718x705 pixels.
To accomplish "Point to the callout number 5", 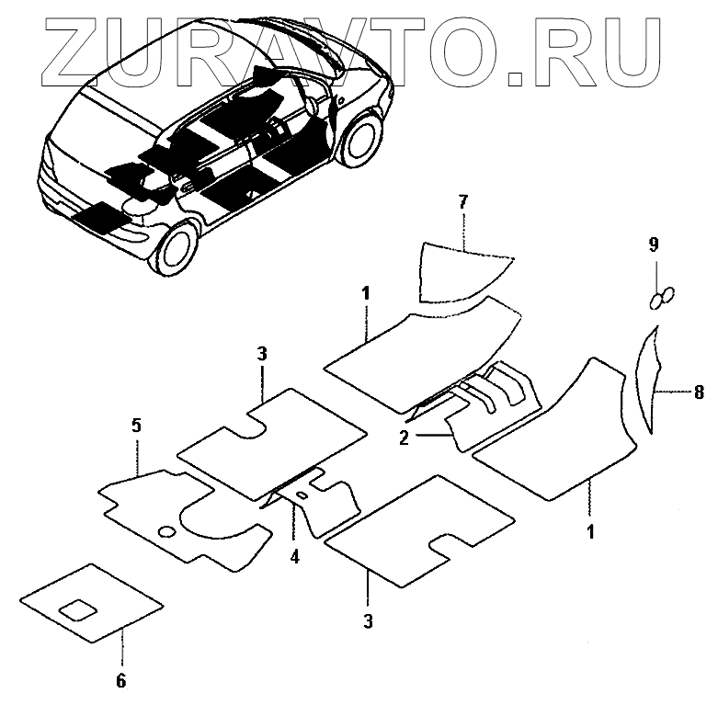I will (x=136, y=426).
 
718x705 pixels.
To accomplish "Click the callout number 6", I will (x=121, y=680).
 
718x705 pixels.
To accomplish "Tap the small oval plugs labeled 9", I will (x=661, y=297).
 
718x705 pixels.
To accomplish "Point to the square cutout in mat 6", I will (x=77, y=608).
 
